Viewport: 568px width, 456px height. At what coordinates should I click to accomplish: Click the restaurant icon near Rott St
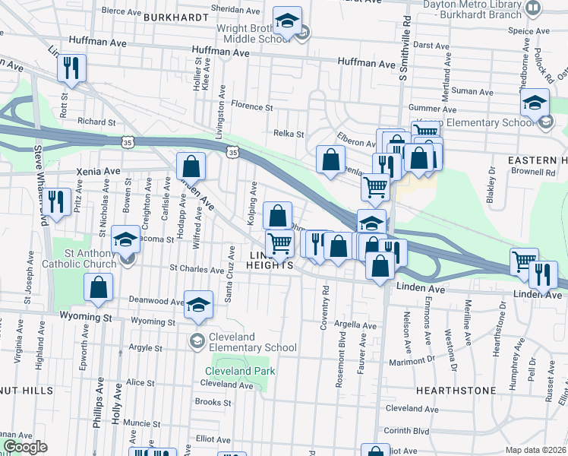71,68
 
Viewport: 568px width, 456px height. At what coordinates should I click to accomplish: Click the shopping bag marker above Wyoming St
98,287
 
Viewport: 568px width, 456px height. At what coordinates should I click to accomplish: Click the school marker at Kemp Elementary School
535,103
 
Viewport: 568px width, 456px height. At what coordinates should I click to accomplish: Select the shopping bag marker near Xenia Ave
191,166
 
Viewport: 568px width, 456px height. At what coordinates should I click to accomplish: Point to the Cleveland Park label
240,371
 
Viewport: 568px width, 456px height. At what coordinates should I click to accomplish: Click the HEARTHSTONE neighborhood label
456,390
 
